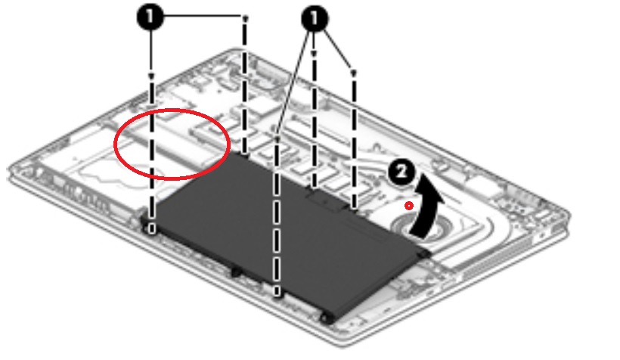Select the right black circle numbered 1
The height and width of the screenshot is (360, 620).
(315, 18)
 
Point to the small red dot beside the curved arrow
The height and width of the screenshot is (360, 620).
(409, 206)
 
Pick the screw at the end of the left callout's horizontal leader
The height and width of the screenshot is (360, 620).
(245, 19)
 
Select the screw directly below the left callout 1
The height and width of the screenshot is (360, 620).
(151, 76)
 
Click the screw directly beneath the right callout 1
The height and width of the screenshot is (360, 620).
(314, 54)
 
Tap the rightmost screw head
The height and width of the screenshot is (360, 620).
(354, 73)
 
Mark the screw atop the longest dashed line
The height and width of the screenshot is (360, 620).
(277, 140)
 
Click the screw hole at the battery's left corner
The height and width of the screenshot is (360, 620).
(151, 228)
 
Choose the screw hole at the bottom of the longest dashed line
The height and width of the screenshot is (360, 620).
(277, 293)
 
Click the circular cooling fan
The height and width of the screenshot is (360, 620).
(415, 225)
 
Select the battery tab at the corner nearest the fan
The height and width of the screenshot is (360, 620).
(424, 253)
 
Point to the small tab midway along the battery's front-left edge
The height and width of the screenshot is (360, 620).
(236, 272)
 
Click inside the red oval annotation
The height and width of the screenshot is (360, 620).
(172, 144)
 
